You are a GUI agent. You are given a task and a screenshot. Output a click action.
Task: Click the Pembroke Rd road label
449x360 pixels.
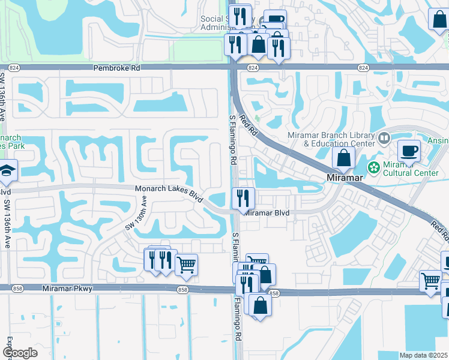pyautogui.click(x=116, y=68)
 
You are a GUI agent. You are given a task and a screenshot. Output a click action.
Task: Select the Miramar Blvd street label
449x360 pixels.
pyautogui.click(x=267, y=213)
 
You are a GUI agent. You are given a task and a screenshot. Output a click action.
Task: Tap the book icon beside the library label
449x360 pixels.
pyautogui.click(x=384, y=139)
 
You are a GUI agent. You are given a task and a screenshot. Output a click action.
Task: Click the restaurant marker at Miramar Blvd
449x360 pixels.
pyautogui.click(x=243, y=197)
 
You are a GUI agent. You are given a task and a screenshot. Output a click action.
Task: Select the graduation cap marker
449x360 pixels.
pyautogui.click(x=7, y=170)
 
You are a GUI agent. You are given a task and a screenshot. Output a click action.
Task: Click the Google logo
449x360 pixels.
pyautogui.click(x=20, y=352)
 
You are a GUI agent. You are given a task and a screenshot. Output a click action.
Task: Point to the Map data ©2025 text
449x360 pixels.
pyautogui.click(x=423, y=355)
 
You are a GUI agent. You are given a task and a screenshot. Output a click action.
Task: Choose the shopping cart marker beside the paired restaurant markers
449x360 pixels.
pyautogui.click(x=187, y=263)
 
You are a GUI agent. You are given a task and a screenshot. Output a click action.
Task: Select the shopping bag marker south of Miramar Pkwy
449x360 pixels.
pyautogui.click(x=261, y=304)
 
